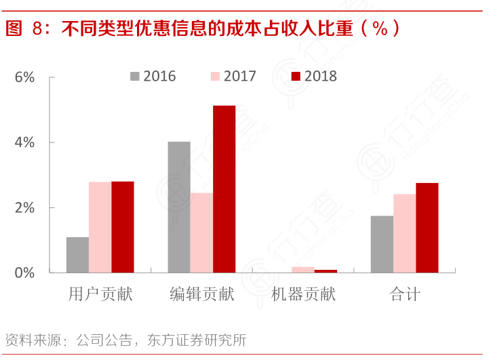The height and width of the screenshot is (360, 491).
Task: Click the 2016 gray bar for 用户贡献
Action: point(77,255)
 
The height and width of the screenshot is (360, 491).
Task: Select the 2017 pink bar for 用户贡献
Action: point(100,227)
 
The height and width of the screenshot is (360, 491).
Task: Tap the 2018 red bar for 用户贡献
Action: point(123,227)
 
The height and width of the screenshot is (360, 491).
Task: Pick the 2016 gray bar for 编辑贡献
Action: point(179,207)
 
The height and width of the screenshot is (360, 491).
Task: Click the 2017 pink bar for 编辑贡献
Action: point(201,233)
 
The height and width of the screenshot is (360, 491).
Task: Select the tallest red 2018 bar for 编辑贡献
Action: point(224,189)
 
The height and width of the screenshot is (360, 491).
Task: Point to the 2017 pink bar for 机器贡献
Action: point(303,270)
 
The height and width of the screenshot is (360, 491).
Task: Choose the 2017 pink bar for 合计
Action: point(404,233)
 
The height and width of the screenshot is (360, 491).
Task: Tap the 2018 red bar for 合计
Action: point(427,228)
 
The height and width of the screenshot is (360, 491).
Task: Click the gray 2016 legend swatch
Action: point(134,76)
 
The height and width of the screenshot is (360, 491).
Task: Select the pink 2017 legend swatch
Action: point(215,76)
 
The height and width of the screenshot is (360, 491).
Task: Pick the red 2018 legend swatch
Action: point(296,76)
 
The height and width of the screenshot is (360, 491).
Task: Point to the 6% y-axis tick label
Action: point(24,77)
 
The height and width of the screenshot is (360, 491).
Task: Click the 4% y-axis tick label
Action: point(24,142)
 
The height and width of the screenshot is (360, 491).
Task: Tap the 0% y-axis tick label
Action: point(24,273)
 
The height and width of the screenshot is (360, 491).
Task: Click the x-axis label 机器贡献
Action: point(303,294)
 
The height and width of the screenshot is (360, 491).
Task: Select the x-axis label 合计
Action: point(405,294)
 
